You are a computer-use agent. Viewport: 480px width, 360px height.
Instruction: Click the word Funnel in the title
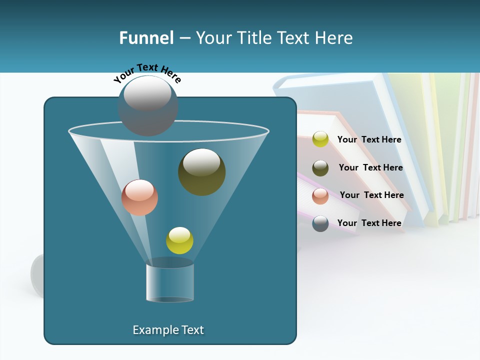point(146,37)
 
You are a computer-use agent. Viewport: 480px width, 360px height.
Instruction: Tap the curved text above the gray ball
point(147,72)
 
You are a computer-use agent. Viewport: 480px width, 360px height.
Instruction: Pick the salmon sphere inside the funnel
point(139,197)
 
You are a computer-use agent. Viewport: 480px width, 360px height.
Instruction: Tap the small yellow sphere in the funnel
point(179,240)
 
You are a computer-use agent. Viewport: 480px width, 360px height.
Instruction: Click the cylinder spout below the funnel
point(170,282)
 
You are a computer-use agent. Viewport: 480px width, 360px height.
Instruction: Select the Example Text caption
point(168,330)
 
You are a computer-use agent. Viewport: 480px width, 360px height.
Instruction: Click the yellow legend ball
point(320,139)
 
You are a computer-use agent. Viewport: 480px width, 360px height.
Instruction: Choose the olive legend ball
point(320,168)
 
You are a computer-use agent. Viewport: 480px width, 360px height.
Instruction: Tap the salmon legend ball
point(320,196)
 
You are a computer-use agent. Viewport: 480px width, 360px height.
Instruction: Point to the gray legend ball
point(320,223)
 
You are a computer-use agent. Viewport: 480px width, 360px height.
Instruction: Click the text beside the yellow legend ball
point(369,139)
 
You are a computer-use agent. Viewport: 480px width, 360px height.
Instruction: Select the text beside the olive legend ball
point(371,167)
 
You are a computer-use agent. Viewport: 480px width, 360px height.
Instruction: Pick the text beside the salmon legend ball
point(372,195)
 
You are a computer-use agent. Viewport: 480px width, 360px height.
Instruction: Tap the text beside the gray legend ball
point(369,223)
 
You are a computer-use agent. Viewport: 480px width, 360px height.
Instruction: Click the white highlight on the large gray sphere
point(147,93)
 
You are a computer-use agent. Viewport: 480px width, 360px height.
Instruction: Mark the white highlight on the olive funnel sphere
point(201,162)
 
